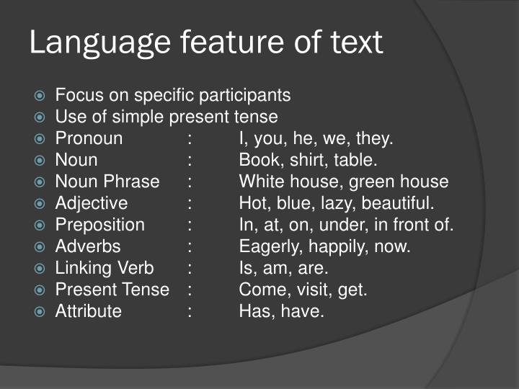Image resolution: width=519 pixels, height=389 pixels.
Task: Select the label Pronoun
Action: (89, 138)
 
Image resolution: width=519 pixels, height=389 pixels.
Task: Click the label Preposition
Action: (99, 225)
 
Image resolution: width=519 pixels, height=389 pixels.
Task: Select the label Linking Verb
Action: (105, 268)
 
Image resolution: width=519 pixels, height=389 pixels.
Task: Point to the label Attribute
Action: (88, 311)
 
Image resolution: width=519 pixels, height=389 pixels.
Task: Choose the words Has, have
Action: (282, 311)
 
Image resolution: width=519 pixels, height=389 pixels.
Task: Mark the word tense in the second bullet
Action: (257, 117)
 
